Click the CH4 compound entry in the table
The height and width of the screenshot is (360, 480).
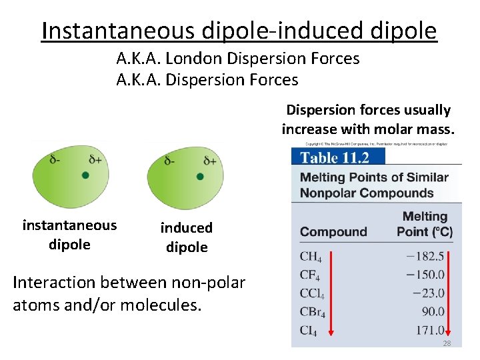(311, 257)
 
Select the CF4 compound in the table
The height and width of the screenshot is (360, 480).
(310, 275)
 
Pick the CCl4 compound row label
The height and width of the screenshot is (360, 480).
(313, 293)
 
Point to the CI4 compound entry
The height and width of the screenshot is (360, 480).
(309, 330)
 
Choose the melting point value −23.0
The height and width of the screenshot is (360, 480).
(429, 293)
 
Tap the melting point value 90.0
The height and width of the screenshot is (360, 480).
(432, 311)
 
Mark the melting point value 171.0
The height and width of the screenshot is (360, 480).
(429, 330)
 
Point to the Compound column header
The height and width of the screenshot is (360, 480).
(333, 232)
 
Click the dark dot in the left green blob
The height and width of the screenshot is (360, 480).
(85, 175)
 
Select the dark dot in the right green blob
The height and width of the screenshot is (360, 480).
(200, 177)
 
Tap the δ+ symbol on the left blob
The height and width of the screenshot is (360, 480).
(95, 160)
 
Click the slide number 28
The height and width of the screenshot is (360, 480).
(447, 343)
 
